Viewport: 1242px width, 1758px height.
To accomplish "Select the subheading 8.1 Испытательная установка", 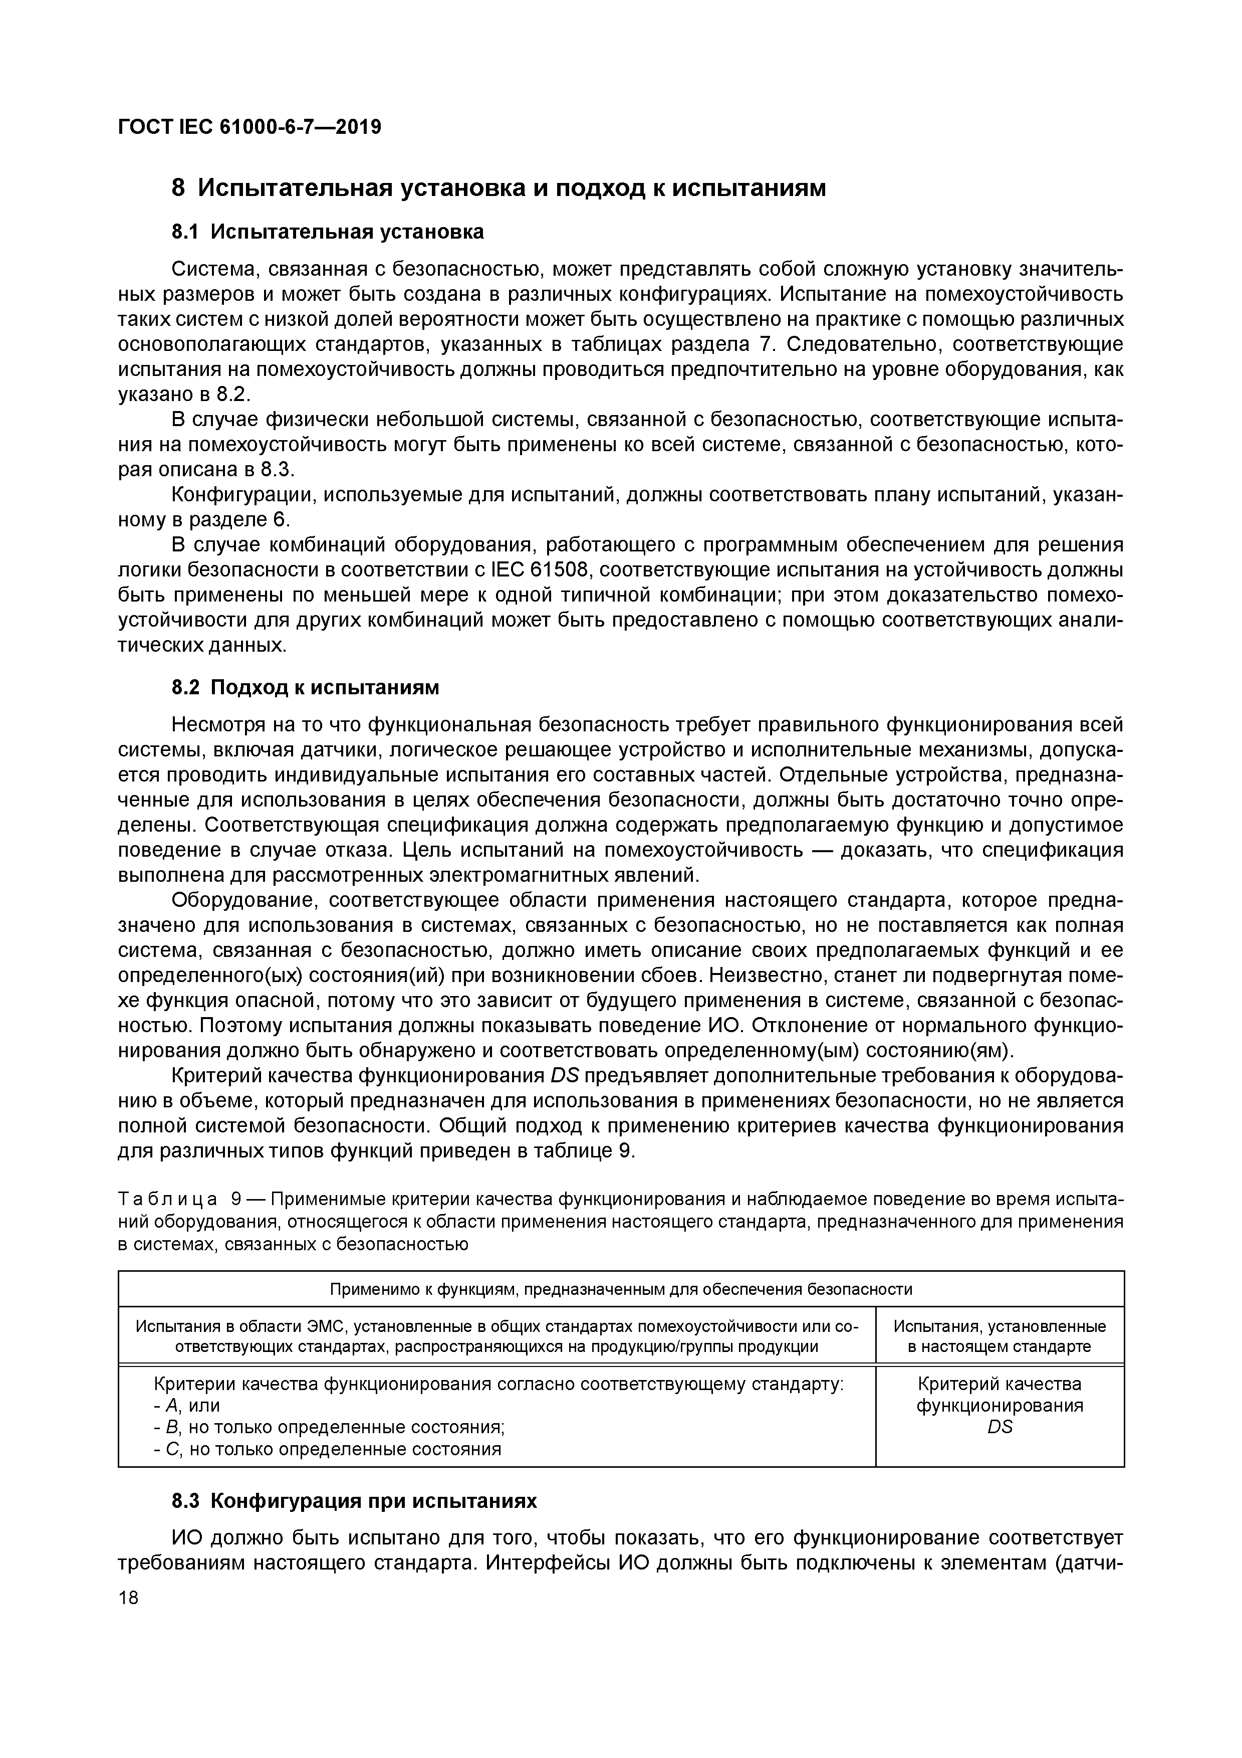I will tap(328, 232).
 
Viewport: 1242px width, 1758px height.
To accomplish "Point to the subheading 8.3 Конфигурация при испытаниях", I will tap(354, 1501).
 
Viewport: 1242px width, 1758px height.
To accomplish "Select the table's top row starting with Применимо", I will tap(621, 1289).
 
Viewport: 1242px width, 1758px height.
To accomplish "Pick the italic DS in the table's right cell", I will tap(1000, 1427).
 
